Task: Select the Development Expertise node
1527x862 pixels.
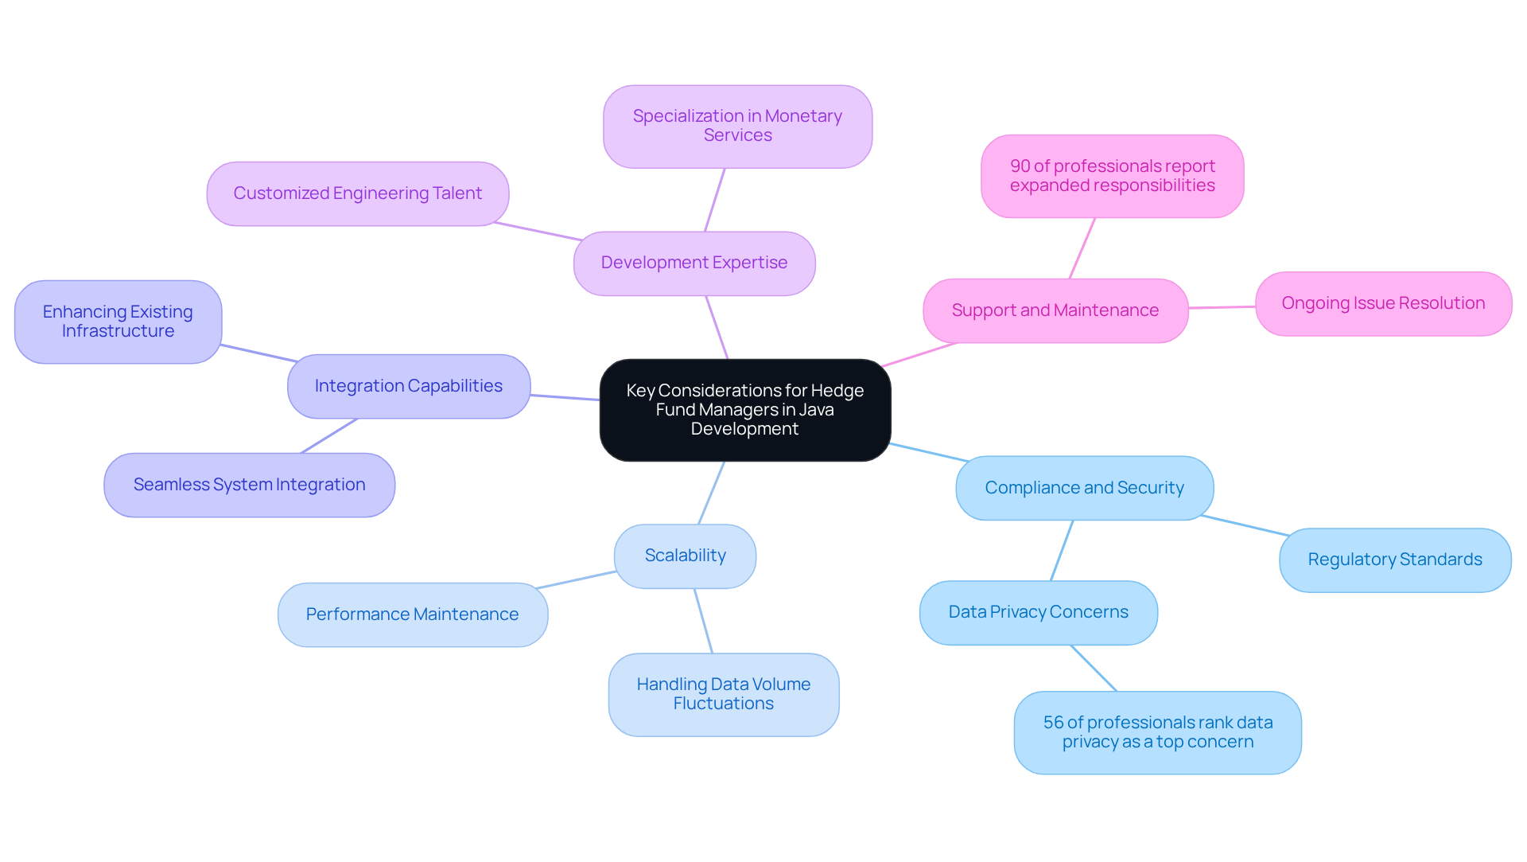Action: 694,263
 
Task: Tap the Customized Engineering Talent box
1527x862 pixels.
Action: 357,194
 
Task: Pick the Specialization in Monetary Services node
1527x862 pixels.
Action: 737,127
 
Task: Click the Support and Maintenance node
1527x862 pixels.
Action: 1055,310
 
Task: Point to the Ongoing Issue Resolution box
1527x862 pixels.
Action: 1382,304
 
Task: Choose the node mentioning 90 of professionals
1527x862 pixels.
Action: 1112,176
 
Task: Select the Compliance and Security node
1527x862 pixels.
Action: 1084,488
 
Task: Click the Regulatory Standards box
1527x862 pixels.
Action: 1394,560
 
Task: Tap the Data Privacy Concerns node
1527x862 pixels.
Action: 1038,613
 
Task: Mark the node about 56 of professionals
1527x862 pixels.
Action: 1157,732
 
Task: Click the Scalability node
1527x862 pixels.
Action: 685,556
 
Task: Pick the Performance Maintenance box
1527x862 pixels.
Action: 412,615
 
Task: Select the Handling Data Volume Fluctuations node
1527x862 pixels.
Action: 723,695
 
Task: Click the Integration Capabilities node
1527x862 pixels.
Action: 408,387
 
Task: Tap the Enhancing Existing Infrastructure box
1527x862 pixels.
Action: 118,322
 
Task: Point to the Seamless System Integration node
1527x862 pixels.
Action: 249,486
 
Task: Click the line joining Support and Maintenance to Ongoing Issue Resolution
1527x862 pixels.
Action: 1222,307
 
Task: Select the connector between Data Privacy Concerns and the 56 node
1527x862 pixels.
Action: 1094,668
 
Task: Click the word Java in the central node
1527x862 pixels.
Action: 815,410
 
